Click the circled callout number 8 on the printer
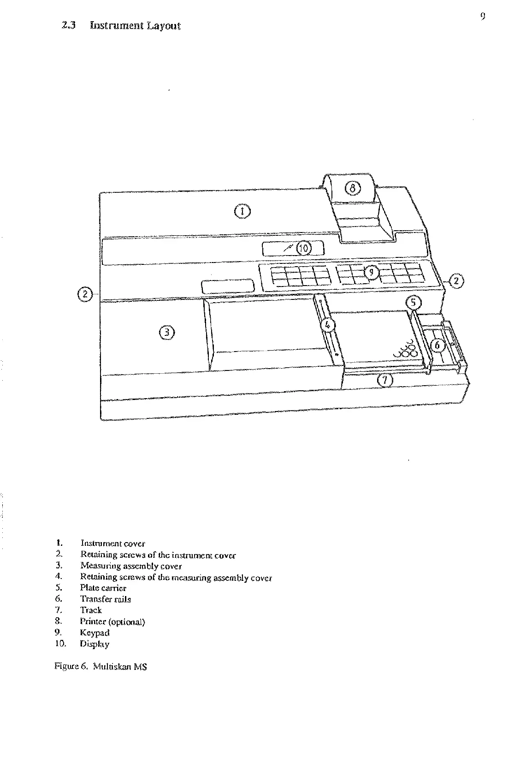[x=352, y=188]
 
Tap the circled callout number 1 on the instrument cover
[x=242, y=212]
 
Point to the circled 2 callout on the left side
[x=85, y=293]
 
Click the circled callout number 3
[x=167, y=332]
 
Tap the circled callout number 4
[x=328, y=325]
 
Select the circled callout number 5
[x=414, y=303]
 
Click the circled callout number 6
[x=438, y=344]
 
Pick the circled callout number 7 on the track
[x=385, y=381]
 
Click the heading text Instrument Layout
[x=135, y=26]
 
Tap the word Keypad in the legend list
[x=95, y=633]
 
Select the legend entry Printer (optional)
[x=112, y=622]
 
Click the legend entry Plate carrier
[x=103, y=588]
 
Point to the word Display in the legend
[x=95, y=644]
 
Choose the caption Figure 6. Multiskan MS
[x=100, y=667]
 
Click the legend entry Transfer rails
[x=106, y=599]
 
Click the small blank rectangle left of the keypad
[x=228, y=286]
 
